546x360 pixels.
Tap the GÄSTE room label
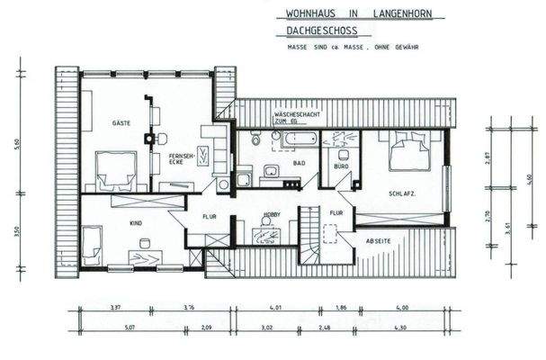click(122, 121)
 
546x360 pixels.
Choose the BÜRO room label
click(340, 167)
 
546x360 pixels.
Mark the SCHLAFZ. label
click(402, 193)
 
